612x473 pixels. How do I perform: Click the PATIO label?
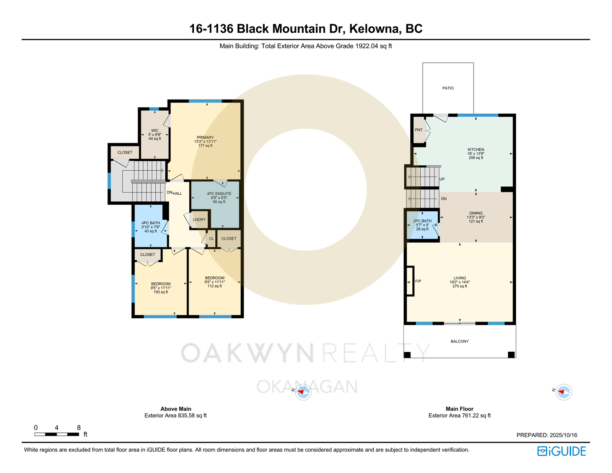click(x=448, y=88)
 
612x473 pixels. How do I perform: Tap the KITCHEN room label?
click(x=476, y=150)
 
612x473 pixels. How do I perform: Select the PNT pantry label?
click(x=418, y=130)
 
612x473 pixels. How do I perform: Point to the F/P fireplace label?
click(x=418, y=281)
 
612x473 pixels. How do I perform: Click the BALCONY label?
click(x=460, y=341)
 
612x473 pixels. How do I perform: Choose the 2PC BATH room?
click(x=422, y=225)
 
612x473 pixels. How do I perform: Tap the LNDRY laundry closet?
click(x=199, y=219)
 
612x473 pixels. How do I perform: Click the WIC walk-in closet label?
click(x=155, y=130)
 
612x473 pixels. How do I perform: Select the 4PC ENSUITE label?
click(x=219, y=194)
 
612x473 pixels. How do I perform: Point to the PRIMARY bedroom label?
click(x=205, y=137)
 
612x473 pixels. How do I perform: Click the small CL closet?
click(x=211, y=239)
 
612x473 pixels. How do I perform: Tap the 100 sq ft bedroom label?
click(x=161, y=288)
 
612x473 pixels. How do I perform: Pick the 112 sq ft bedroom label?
click(x=215, y=282)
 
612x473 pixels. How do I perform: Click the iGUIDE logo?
click(x=561, y=451)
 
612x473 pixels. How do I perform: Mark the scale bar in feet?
click(x=57, y=434)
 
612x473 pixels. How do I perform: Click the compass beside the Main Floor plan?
click(x=563, y=392)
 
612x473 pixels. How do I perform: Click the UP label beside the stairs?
click(x=442, y=179)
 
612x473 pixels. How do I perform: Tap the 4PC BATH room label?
click(x=151, y=223)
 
